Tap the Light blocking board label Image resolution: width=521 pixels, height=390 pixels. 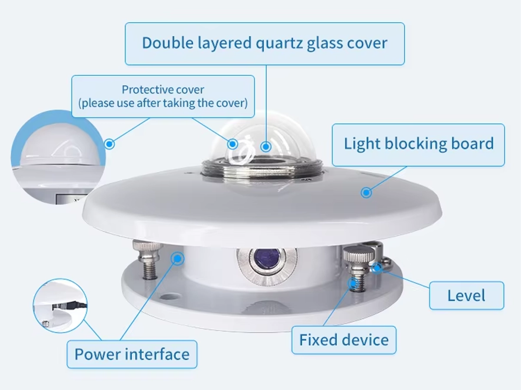tap(418, 145)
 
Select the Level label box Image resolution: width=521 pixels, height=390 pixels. tap(466, 296)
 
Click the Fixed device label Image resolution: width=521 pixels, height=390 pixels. tap(344, 340)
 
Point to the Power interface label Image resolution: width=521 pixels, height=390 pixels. tap(132, 354)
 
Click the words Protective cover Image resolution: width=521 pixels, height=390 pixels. tap(163, 90)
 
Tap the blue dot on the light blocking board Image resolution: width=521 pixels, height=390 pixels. tap(366, 192)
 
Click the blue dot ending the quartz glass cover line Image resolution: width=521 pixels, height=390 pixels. tap(266, 146)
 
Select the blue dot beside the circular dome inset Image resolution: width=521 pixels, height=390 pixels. tap(109, 144)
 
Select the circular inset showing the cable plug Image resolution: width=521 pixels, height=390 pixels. tap(60, 305)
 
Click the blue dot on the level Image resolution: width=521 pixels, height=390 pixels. tap(377, 268)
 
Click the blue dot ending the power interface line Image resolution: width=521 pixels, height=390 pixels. tap(177, 258)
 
